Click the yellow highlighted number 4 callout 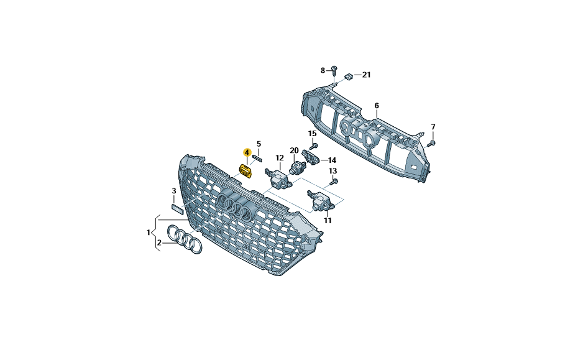click(x=247, y=152)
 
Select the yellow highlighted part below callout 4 click(x=245, y=171)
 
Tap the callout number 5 click(x=259, y=144)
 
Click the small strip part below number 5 click(x=257, y=158)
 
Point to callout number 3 click(x=174, y=191)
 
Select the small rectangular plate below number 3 click(x=177, y=209)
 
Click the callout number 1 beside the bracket click(x=149, y=233)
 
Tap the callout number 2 click(x=159, y=242)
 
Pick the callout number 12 click(x=280, y=158)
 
